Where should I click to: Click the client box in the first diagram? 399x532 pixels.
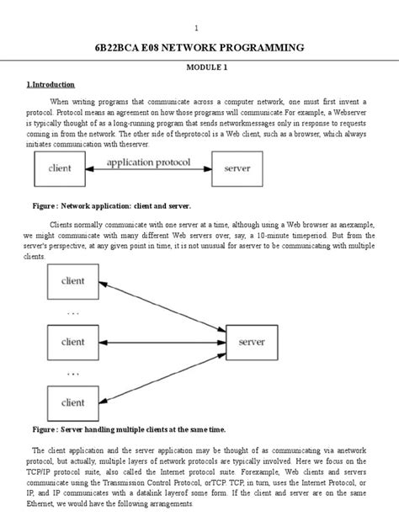pyautogui.click(x=61, y=169)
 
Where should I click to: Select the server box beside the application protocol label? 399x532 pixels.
pyautogui.click(x=237, y=169)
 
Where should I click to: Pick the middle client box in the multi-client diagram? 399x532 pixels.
pyautogui.click(x=73, y=342)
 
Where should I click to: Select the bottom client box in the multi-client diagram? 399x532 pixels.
pyautogui.click(x=73, y=402)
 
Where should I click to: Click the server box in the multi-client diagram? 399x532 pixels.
pyautogui.click(x=253, y=343)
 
